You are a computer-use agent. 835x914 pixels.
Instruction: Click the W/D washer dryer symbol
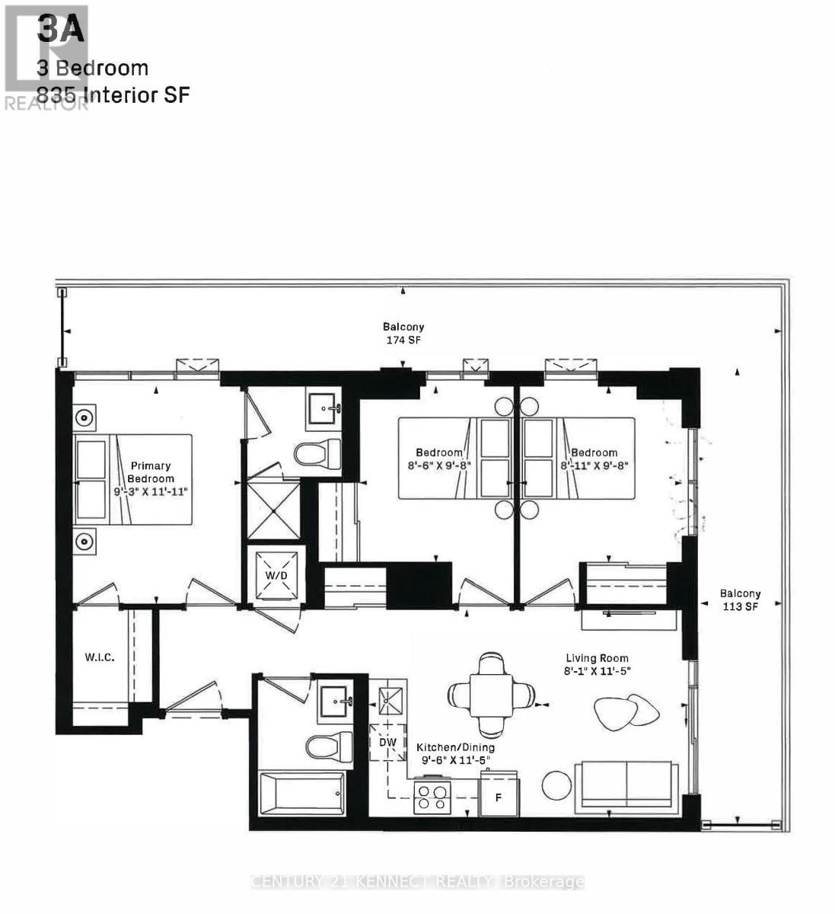276,574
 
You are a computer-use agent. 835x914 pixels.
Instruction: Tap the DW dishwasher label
387,741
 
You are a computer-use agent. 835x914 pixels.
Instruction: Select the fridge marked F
499,797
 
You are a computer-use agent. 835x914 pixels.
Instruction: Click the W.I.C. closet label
99,657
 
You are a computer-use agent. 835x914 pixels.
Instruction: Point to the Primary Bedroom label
151,472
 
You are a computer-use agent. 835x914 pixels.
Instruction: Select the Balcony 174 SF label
403,334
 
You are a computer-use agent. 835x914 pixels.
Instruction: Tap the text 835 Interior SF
113,95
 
